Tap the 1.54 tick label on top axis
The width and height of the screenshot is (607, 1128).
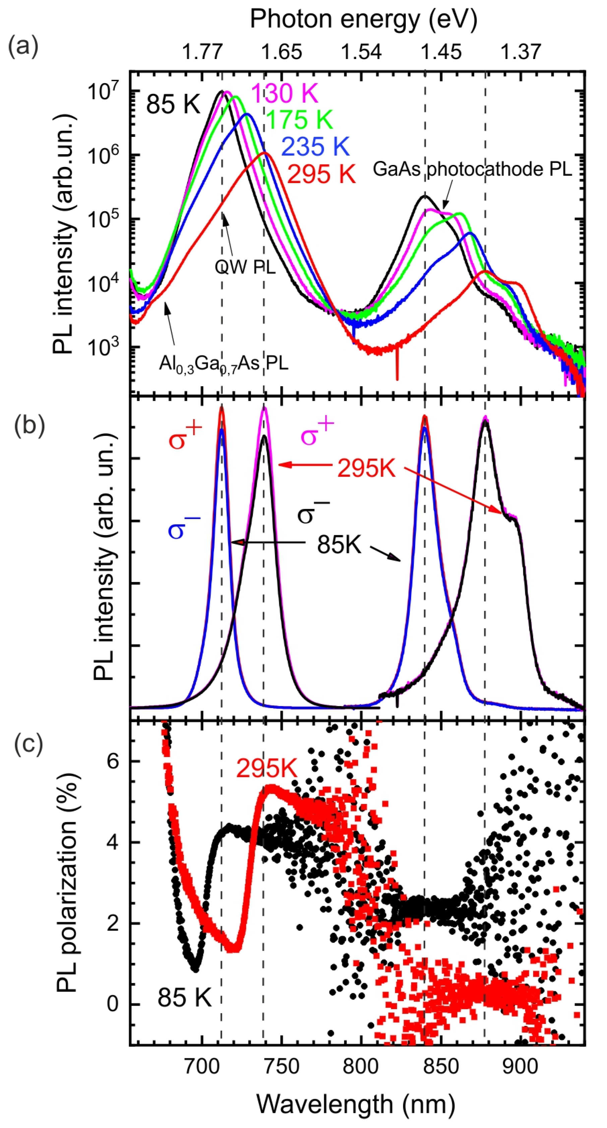point(361,52)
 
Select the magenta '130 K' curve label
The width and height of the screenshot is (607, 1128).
point(285,93)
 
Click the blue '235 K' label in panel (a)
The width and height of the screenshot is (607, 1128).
point(315,147)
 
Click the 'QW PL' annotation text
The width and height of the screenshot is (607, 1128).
point(245,267)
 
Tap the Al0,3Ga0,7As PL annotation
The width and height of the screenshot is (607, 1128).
point(223,363)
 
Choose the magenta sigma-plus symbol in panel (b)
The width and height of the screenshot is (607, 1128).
point(317,433)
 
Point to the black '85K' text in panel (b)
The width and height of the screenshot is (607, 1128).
point(339,545)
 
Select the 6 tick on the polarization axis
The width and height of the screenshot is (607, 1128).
point(113,762)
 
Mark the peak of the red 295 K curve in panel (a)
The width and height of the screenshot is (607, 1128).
point(264,153)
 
